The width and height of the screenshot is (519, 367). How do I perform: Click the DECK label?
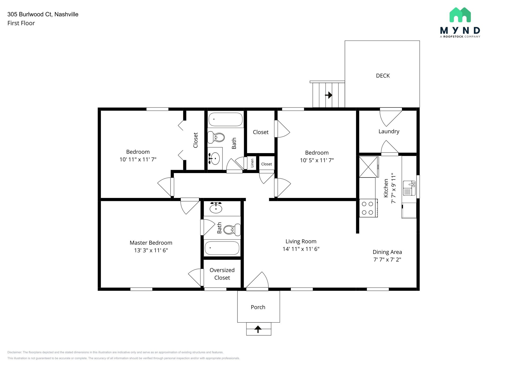[x=383, y=76]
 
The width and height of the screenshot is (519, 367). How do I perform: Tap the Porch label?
[x=258, y=307]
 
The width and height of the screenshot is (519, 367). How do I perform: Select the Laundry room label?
[x=389, y=131]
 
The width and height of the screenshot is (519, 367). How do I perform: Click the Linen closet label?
[x=252, y=163]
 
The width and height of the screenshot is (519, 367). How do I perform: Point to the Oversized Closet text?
[x=222, y=274]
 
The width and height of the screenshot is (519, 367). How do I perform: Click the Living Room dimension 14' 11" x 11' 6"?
[x=301, y=249]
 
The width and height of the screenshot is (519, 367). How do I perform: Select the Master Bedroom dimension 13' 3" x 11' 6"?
[x=151, y=250]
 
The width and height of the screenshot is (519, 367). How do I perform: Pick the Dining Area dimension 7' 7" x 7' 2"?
[x=387, y=260]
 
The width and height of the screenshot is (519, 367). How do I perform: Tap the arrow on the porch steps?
[x=258, y=329]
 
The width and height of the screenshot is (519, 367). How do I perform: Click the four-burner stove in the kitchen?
[x=368, y=208]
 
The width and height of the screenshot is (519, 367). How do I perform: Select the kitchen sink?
[x=409, y=188]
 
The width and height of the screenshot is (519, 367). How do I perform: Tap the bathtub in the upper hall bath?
[x=225, y=119]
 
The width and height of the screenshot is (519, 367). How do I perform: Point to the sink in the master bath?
[x=216, y=208]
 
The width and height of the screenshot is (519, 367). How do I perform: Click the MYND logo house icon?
[x=460, y=15]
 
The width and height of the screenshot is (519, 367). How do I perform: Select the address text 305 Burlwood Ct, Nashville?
[x=43, y=14]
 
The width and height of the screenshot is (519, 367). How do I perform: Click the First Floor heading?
[x=21, y=23]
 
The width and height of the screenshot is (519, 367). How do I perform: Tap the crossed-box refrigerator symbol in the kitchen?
[x=368, y=167]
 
